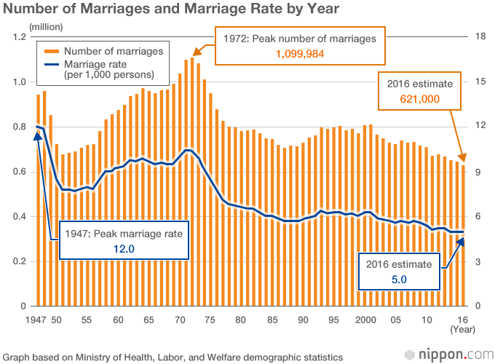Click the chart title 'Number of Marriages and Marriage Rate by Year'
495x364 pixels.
[x=171, y=9]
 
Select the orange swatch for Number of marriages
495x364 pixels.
[x=52, y=51]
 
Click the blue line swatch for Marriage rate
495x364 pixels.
[x=52, y=64]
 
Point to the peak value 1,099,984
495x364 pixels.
[x=300, y=54]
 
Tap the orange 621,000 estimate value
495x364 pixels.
[x=419, y=99]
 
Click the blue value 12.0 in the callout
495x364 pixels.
[x=124, y=249]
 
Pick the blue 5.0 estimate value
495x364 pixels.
[x=399, y=280]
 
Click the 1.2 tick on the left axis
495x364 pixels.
[x=20, y=37]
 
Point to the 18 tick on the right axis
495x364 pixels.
[x=480, y=36]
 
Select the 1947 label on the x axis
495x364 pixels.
[x=36, y=320]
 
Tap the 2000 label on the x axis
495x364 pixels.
[x=365, y=320]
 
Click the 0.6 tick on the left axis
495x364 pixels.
[x=20, y=172]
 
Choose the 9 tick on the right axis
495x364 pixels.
[x=478, y=172]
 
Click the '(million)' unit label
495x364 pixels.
[x=46, y=27]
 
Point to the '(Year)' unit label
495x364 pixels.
[x=462, y=330]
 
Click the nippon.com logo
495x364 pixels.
[x=449, y=355]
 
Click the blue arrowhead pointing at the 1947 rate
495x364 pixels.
[x=38, y=136]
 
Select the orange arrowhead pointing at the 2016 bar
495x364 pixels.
[x=462, y=157]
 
